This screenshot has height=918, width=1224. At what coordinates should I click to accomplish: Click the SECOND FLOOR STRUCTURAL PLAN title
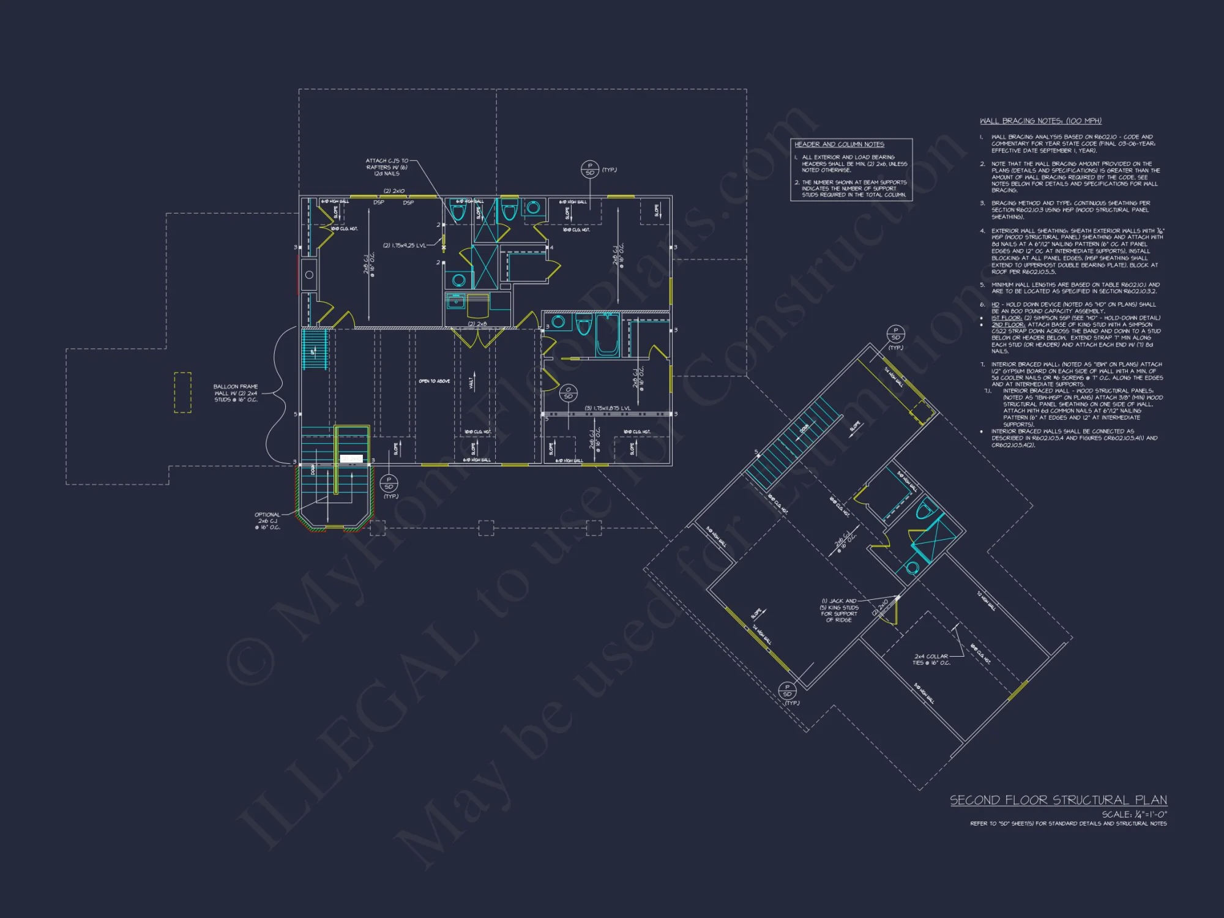point(1058,800)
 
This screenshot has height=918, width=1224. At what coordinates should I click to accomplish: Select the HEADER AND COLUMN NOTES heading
point(839,144)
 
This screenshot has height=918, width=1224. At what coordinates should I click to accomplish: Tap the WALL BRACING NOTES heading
point(1040,121)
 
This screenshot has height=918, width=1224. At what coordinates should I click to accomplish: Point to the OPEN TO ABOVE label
point(434,381)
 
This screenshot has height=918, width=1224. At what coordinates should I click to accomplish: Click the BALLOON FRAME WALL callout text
point(236,393)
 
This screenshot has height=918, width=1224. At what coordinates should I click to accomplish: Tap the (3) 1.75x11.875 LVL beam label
point(607,408)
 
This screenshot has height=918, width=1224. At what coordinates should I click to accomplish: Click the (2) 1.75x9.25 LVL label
point(404,245)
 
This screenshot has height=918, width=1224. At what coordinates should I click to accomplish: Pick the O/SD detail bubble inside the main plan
point(568,393)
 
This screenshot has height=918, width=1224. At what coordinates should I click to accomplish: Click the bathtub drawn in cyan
point(607,335)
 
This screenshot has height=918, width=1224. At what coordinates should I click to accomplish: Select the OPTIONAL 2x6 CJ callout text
point(267,521)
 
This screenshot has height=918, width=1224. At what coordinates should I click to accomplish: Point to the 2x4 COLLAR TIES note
point(931,659)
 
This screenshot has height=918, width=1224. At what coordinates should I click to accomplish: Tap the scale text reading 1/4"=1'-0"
point(1134,815)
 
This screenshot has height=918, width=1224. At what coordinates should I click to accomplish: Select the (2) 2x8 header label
point(477,324)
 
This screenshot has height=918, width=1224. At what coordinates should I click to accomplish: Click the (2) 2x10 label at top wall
point(394,191)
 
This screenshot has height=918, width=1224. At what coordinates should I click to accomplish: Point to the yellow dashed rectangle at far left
point(182,392)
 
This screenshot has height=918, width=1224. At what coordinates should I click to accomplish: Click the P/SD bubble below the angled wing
point(787,690)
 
